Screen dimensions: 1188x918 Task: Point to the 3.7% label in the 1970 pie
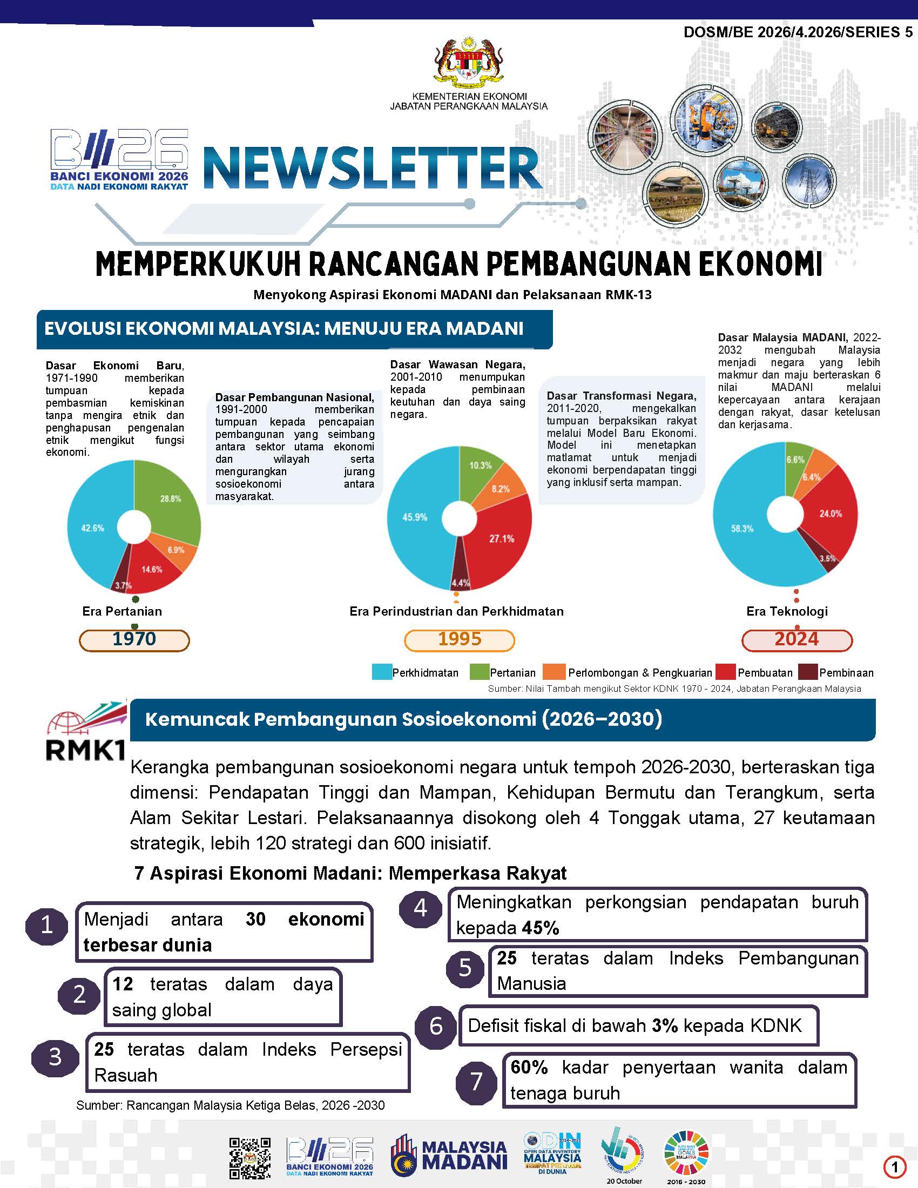coord(124,585)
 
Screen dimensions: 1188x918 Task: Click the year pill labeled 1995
coord(460,640)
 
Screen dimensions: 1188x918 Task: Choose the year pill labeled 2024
coord(796,640)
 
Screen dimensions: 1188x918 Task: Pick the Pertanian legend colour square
coord(478,672)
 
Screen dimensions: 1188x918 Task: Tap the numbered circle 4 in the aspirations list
coord(420,908)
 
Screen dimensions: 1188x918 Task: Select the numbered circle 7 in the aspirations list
coord(476,1082)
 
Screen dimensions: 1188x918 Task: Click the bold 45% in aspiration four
coord(541,928)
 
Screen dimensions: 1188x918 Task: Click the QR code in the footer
coord(249,1158)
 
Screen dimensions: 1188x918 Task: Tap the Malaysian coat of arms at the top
coord(468,63)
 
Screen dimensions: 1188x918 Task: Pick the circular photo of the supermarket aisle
coord(625,136)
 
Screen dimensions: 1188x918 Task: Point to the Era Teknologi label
coord(787,611)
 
